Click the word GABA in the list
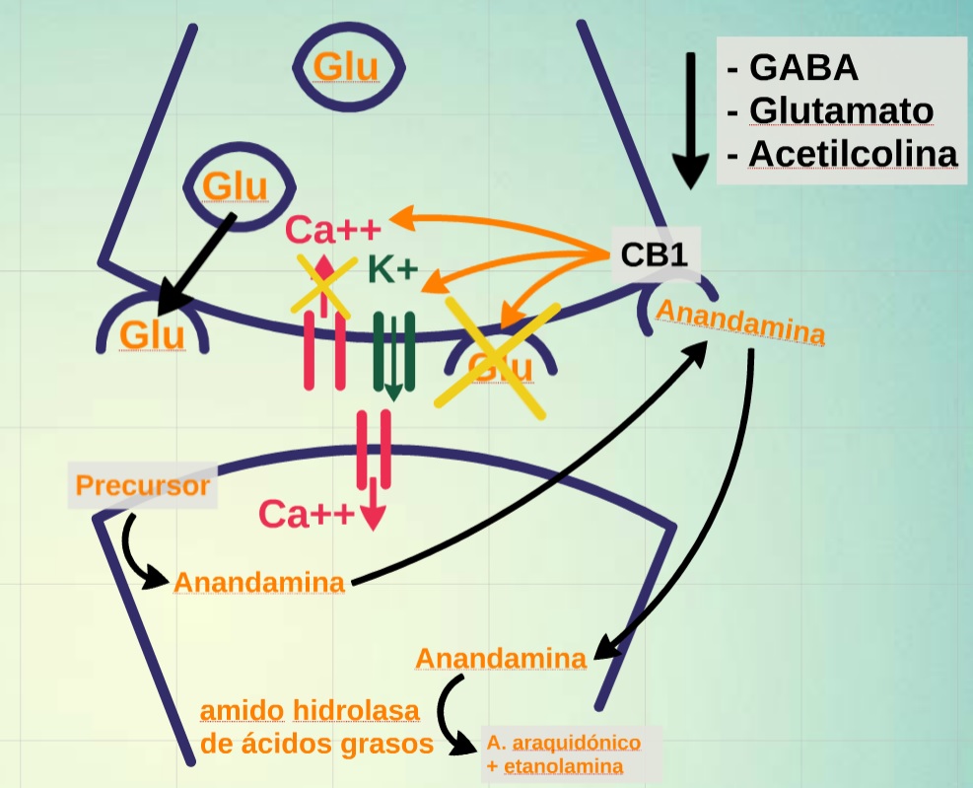(803, 68)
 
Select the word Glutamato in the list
(841, 110)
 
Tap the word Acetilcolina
(853, 155)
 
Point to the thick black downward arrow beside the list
(691, 118)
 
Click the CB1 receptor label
(654, 255)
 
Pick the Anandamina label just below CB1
(740, 322)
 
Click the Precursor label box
(143, 486)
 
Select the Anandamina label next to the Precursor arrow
(259, 582)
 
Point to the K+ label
(392, 268)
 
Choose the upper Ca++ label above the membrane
(332, 231)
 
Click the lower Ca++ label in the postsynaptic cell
(306, 514)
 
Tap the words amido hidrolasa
(310, 710)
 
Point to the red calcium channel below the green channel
(374, 450)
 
